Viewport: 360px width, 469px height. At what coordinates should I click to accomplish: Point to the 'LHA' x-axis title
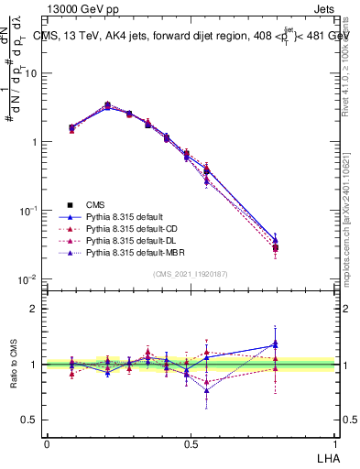click(x=327, y=456)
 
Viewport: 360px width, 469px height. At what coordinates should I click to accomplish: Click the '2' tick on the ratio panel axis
click(x=37, y=309)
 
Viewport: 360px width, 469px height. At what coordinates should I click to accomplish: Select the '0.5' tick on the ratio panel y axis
click(x=33, y=420)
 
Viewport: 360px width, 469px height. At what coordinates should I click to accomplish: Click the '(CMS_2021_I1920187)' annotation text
click(x=191, y=274)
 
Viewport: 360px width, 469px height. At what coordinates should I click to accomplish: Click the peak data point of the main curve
click(x=107, y=105)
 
